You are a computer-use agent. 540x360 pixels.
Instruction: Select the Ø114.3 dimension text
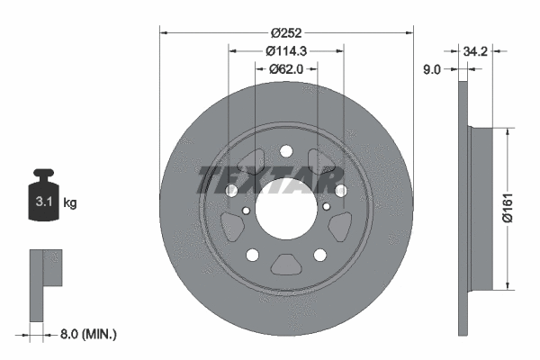pyautogui.click(x=286, y=51)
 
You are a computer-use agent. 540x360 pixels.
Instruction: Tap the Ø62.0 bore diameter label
pyautogui.click(x=286, y=68)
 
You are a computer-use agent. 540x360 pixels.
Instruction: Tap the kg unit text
pyautogui.click(x=70, y=203)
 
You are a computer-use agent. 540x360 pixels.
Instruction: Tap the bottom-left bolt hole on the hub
pyautogui.click(x=251, y=256)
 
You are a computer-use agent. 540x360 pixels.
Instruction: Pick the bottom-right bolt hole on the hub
pyautogui.click(x=321, y=256)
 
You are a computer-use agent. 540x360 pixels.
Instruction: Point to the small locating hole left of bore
pyautogui.click(x=245, y=211)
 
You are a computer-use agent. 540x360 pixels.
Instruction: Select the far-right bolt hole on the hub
pyautogui.click(x=341, y=191)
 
